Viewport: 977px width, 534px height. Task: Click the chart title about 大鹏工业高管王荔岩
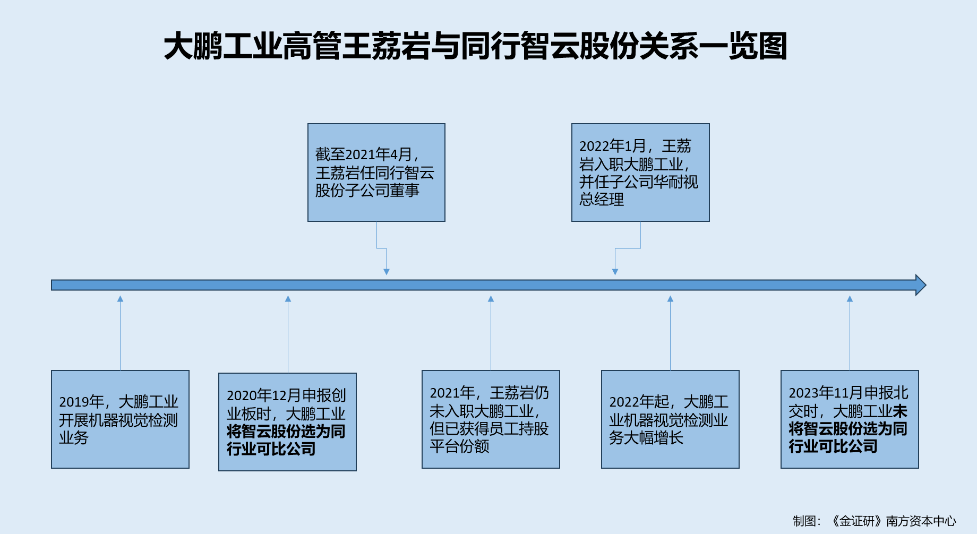click(x=475, y=46)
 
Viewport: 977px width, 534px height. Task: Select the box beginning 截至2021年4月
click(x=376, y=173)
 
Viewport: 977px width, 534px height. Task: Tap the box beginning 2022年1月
click(x=640, y=173)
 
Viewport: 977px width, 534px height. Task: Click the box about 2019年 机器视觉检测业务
click(x=120, y=419)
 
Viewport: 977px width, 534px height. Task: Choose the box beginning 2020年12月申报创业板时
click(x=287, y=422)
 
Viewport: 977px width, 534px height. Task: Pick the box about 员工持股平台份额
click(x=490, y=419)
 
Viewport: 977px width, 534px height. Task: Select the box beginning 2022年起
click(x=670, y=419)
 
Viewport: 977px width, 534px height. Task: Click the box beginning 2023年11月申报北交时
click(x=849, y=419)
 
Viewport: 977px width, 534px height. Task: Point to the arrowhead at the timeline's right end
click(x=921, y=285)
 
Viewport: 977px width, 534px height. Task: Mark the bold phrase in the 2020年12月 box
click(x=286, y=440)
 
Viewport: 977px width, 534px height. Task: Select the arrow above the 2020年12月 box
click(x=288, y=334)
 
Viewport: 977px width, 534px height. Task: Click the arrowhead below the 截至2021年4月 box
click(x=387, y=271)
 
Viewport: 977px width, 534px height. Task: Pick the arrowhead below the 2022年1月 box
click(x=615, y=271)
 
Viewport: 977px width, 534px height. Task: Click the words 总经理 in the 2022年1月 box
click(x=602, y=200)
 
